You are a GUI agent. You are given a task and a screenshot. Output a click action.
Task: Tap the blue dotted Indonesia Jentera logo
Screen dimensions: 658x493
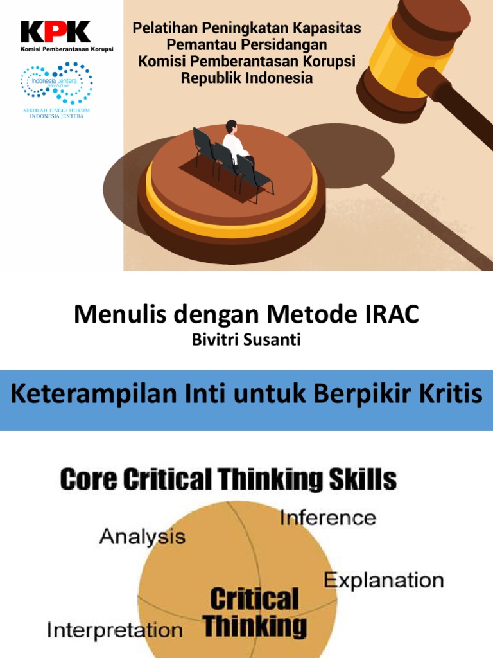(56, 83)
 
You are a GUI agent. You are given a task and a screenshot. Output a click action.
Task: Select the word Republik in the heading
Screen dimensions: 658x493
(211, 78)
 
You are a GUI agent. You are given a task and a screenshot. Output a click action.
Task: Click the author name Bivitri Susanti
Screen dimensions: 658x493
(246, 341)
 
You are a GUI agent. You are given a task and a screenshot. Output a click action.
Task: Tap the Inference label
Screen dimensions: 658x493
(327, 517)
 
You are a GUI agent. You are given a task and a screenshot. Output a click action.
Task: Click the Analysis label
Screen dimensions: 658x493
(143, 537)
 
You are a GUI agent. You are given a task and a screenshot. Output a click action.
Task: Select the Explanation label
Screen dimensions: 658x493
(383, 580)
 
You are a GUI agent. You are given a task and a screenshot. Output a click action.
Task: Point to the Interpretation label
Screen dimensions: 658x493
(115, 629)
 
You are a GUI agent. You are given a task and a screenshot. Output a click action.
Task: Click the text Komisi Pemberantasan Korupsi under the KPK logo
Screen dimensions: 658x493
(67, 49)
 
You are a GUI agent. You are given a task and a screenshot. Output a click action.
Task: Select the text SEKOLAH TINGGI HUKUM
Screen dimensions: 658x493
(56, 111)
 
